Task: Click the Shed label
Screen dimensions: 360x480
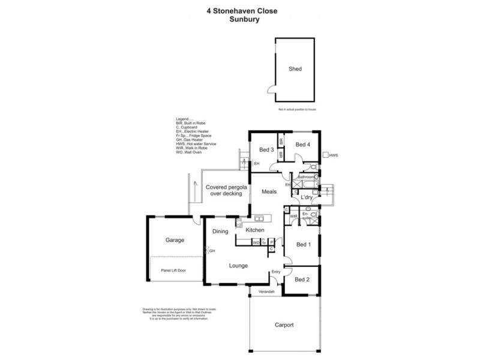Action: pos(295,69)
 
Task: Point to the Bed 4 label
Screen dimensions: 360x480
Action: pos(303,144)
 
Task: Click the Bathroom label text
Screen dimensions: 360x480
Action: pos(304,177)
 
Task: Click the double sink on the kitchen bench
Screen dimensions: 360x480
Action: pos(259,218)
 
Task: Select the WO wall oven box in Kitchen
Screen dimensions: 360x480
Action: pos(255,242)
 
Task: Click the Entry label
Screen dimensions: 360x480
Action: pos(276,272)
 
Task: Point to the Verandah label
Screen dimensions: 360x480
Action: pos(266,292)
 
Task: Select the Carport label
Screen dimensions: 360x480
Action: pos(284,325)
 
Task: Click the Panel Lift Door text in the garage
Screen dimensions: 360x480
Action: pos(173,271)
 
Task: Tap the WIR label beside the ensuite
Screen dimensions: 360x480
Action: pos(294,216)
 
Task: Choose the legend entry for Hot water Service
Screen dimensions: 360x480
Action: pos(196,145)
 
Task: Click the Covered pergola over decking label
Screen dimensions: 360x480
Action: pos(224,190)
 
